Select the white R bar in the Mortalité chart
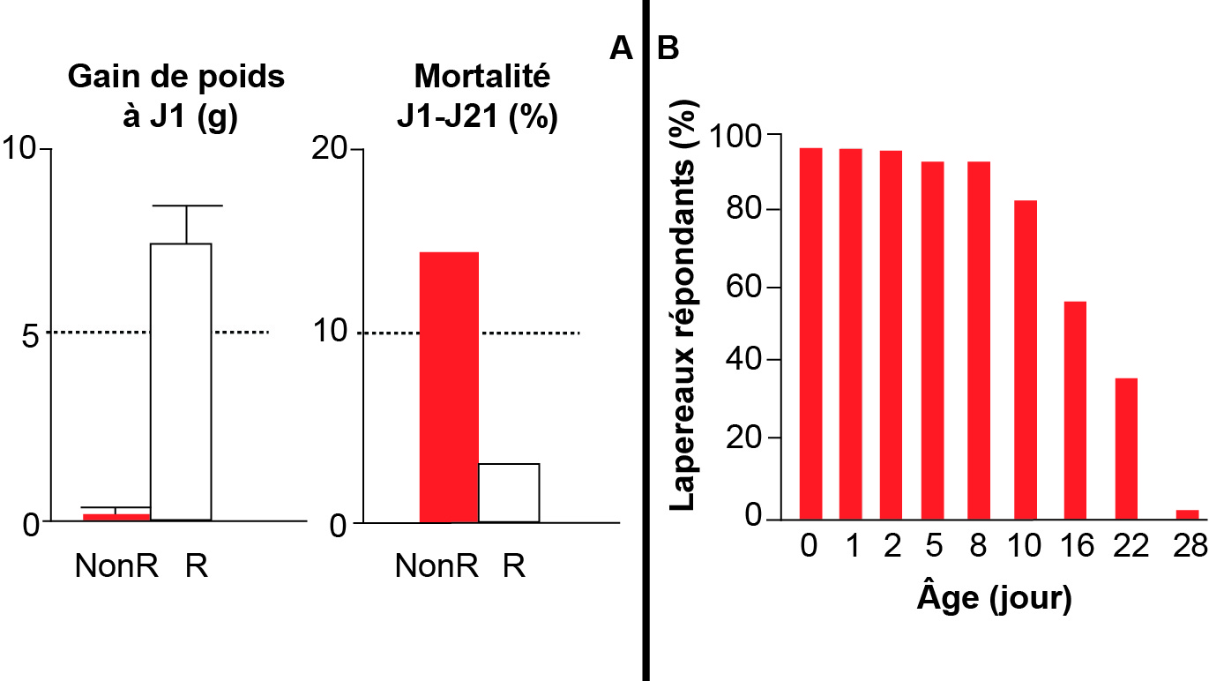[x=509, y=492]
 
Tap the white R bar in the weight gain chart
[x=182, y=381]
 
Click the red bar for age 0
[x=810, y=333]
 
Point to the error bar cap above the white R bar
[x=187, y=206]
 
